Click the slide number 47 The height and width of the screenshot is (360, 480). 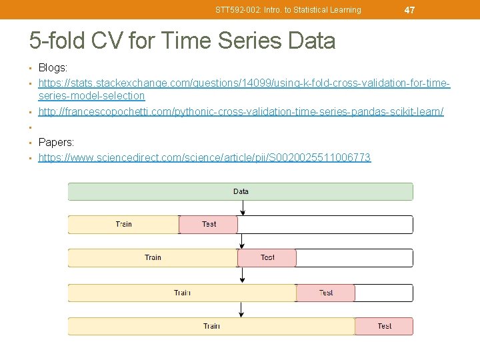tap(409, 10)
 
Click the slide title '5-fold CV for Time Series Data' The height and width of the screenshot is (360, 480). tap(182, 41)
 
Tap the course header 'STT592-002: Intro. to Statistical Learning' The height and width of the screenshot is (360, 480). tap(288, 10)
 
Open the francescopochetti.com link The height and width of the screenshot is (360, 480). tap(241, 111)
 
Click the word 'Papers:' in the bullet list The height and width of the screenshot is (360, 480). tap(57, 142)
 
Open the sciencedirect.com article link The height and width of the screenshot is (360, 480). tap(205, 157)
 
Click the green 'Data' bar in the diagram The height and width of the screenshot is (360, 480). tap(240, 192)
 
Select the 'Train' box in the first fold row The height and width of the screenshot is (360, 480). tap(123, 225)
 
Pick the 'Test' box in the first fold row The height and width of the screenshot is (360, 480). tap(209, 225)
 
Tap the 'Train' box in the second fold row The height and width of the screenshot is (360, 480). tap(153, 258)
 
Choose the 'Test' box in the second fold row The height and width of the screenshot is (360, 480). tap(267, 258)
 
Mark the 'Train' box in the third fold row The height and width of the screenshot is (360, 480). tap(182, 293)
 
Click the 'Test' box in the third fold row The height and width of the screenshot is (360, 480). tap(325, 293)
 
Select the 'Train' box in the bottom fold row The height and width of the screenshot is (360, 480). tap(211, 326)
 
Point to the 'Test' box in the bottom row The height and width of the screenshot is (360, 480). tap(384, 326)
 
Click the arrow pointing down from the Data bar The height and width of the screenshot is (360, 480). tap(243, 207)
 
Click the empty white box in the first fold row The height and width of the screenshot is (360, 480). tap(325, 225)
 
